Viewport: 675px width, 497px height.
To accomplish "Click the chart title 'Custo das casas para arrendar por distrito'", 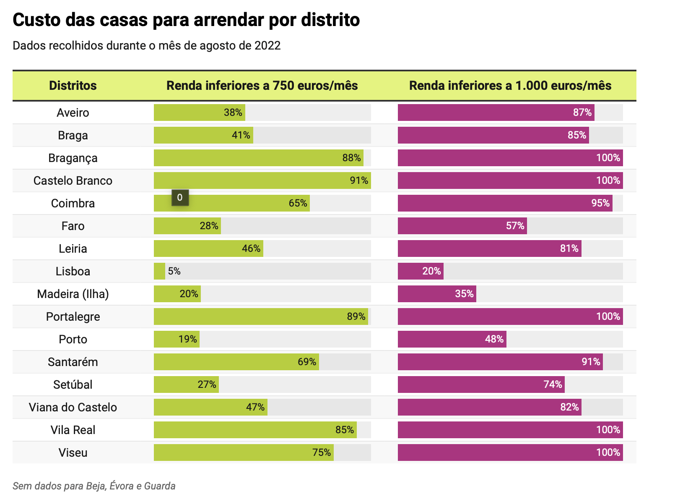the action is [186, 20].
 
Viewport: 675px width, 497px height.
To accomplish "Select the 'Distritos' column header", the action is [73, 86].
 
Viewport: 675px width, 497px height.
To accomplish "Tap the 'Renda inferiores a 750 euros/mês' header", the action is [262, 86].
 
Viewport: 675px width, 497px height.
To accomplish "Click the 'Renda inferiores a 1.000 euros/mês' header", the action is [510, 86].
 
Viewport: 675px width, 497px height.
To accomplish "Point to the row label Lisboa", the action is [73, 271].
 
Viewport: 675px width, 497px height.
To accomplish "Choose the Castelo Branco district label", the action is [73, 181].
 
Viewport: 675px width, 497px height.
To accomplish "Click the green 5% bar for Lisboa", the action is [159, 271].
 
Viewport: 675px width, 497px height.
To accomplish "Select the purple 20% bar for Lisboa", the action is [421, 271].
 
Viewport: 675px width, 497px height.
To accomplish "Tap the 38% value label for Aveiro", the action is [233, 112].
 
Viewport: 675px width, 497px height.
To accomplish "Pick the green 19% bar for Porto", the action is [177, 339].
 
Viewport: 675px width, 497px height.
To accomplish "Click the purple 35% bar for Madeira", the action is [437, 294].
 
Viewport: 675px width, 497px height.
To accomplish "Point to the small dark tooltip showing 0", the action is [180, 198].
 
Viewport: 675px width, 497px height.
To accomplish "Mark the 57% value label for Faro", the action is [515, 226].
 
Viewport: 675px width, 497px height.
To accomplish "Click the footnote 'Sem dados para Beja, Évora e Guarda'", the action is [94, 486].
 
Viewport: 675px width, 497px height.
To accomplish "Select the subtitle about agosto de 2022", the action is [146, 46].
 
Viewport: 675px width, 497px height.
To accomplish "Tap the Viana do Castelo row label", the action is [73, 407].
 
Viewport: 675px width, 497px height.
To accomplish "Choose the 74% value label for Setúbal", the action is [553, 385].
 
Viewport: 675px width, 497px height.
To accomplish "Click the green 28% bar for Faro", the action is [187, 226].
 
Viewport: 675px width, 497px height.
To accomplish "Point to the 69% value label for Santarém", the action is [307, 362].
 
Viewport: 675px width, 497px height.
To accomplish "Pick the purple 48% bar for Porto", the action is [452, 339].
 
